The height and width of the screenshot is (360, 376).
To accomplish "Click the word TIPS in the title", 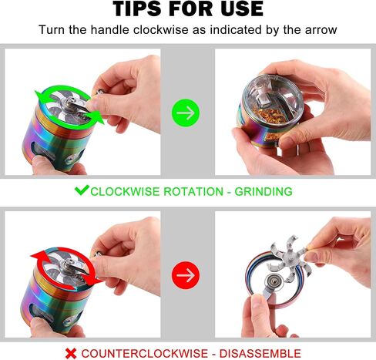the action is tap(137, 9).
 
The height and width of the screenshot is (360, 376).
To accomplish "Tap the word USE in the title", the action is tap(241, 9).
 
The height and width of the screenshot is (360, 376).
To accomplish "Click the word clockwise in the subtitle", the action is tap(161, 30).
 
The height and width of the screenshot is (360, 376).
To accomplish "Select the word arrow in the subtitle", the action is tap(321, 30).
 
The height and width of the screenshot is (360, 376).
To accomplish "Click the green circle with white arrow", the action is tap(186, 113).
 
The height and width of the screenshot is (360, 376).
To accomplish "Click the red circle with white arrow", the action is tap(186, 275).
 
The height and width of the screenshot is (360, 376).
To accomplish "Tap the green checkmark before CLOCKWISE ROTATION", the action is tap(82, 190).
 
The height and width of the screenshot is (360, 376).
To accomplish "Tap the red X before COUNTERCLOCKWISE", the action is tap(71, 354).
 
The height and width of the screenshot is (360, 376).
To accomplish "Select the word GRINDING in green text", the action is tap(264, 192).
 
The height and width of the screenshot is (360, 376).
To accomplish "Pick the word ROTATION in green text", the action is tap(193, 192).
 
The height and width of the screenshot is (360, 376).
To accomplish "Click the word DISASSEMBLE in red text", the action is tap(260, 354).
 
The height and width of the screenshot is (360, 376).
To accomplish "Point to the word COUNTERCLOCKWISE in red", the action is tap(145, 354).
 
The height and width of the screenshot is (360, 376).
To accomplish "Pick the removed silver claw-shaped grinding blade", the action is tap(289, 260).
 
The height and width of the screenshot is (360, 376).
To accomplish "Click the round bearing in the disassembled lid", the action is tap(273, 281).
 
